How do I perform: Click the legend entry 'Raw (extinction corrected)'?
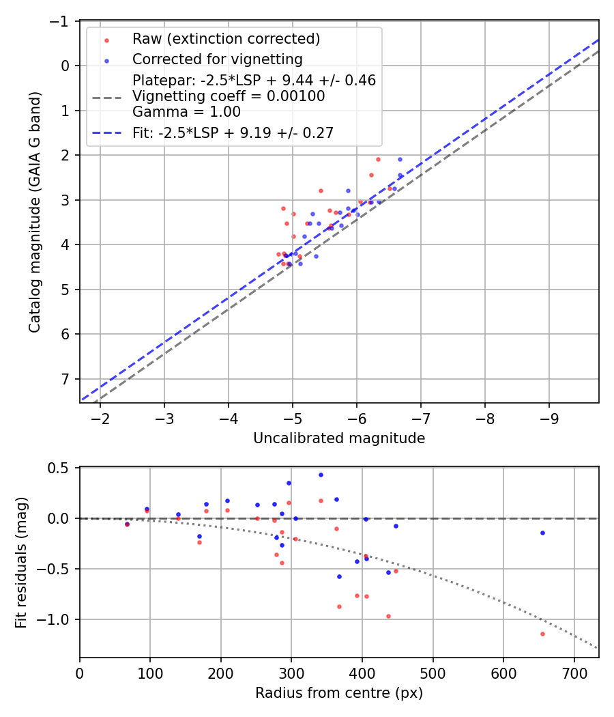click(x=226, y=38)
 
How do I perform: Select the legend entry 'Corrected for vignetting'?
click(x=217, y=59)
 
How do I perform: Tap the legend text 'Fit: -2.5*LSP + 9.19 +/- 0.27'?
click(x=233, y=132)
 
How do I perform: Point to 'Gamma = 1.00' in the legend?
click(x=186, y=111)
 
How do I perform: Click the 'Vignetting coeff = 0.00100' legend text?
click(x=229, y=96)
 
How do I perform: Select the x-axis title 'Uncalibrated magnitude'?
click(x=339, y=438)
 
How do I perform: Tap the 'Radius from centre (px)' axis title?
click(x=339, y=693)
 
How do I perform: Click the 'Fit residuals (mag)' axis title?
click(x=21, y=562)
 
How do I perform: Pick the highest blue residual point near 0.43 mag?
click(x=321, y=475)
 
